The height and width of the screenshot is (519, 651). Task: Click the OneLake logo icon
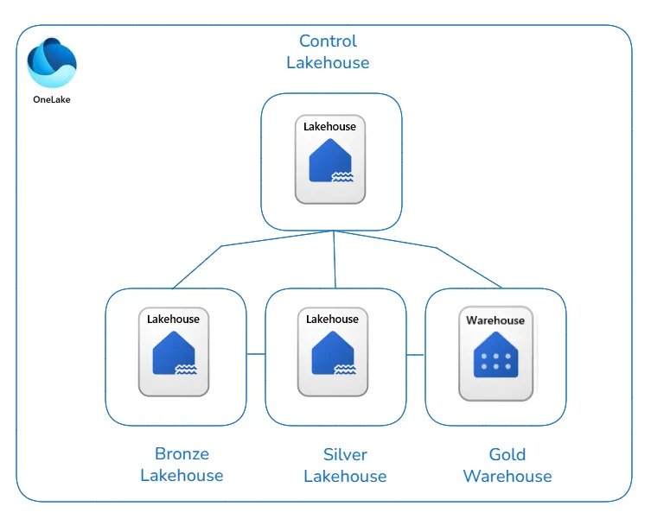pos(52,63)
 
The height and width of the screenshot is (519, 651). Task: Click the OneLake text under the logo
pos(52,98)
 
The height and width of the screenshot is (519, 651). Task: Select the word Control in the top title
pos(328,41)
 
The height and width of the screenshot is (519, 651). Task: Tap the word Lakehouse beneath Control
pos(328,63)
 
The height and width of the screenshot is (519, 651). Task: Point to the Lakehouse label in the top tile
pos(329,127)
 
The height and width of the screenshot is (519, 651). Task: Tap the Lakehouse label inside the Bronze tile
pos(173,320)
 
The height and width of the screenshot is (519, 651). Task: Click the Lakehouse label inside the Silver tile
pos(332,320)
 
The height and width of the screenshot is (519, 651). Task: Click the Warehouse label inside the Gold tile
pos(495,320)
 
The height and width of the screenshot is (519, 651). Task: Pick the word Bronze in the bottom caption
pos(182,454)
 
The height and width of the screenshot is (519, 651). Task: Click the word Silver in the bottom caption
pos(345,454)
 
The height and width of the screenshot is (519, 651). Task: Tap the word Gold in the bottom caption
pos(507,454)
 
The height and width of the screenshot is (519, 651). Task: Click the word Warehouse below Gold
pos(507,476)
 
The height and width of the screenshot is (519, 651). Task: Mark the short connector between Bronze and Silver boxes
pos(255,354)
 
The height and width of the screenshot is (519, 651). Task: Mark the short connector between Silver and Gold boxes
pos(416,354)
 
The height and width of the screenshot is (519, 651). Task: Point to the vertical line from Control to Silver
pos(335,259)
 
